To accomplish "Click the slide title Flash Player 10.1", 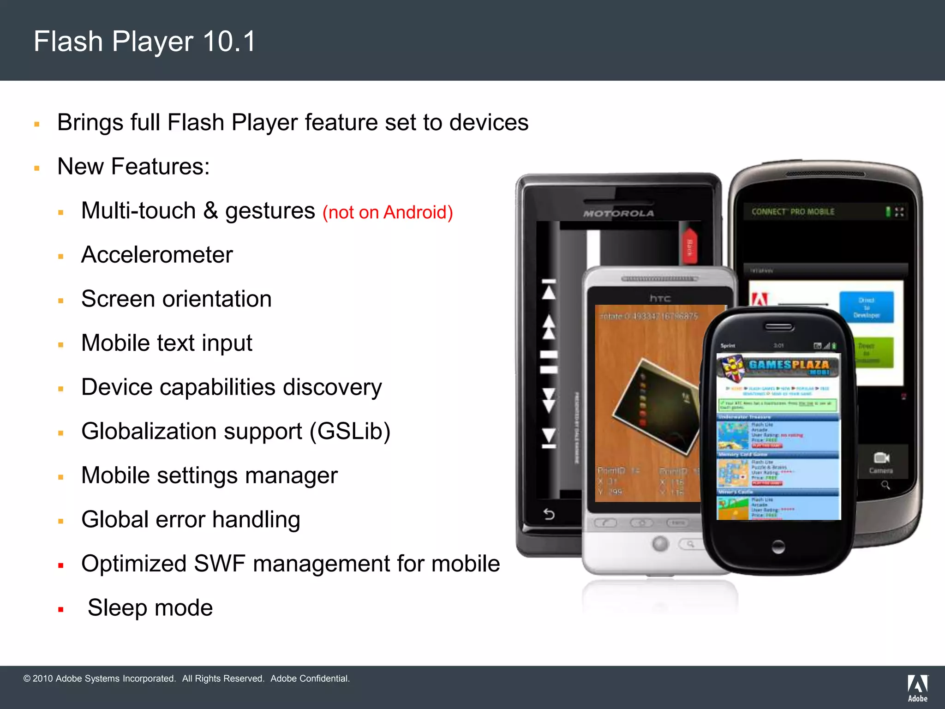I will tap(144, 42).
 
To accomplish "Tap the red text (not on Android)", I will tap(388, 212).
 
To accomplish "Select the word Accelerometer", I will tap(157, 255).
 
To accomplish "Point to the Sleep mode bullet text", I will tap(150, 607).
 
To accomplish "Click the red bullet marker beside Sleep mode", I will tap(61, 610).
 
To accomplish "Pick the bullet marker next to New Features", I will tap(37, 168).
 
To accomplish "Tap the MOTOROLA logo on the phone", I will tap(618, 213).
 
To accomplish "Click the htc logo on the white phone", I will tap(660, 299).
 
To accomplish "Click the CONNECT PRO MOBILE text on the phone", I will tap(793, 212).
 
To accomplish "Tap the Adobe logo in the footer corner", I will tap(917, 688).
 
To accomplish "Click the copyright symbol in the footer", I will tap(27, 679).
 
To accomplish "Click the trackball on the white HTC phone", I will tap(660, 544).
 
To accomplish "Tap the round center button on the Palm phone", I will tap(778, 547).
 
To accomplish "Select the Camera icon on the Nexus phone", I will tap(881, 458).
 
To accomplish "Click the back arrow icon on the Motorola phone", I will tap(549, 514).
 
